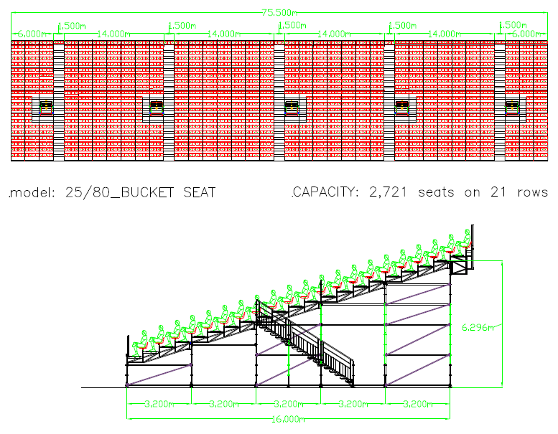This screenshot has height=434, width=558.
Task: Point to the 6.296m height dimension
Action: [x=478, y=327]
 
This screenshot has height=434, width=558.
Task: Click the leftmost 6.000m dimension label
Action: [x=32, y=34]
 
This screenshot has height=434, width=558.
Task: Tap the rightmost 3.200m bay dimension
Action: [x=417, y=404]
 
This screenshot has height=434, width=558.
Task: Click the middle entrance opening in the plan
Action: [x=292, y=108]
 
